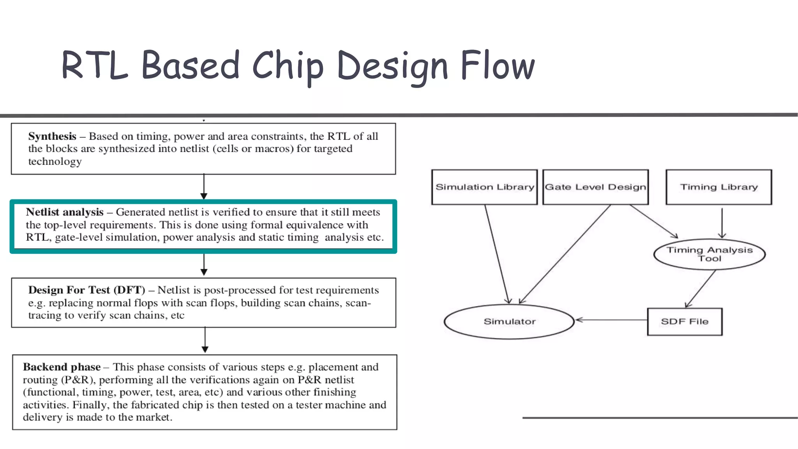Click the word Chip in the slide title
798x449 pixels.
[288, 66]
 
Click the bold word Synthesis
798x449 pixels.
[52, 136]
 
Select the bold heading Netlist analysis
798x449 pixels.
[65, 212]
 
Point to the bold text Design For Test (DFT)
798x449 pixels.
[87, 290]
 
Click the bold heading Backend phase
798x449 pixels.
[62, 367]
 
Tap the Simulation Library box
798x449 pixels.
[484, 187]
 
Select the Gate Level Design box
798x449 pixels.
[595, 187]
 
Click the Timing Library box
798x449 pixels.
[719, 187]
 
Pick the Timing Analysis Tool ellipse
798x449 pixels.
[709, 254]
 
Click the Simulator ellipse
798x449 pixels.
[509, 322]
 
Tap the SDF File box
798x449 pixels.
[685, 322]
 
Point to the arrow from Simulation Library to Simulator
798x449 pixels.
[497, 253]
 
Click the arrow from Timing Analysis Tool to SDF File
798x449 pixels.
[701, 288]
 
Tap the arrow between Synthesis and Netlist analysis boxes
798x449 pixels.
[204, 187]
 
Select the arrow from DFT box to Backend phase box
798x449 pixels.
[205, 340]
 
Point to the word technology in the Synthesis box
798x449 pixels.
[55, 162]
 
